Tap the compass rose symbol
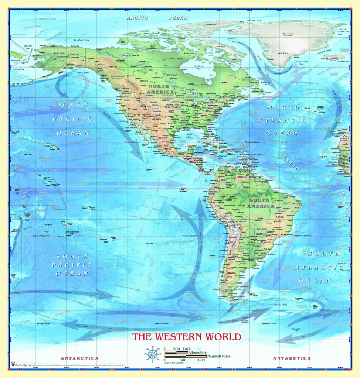tap(152, 354)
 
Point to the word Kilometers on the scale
tap(197, 353)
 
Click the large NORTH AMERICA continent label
tap(160, 89)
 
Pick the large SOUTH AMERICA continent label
tap(261, 203)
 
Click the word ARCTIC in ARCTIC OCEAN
tap(137, 18)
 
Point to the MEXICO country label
tap(163, 137)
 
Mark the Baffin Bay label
tap(231, 40)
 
